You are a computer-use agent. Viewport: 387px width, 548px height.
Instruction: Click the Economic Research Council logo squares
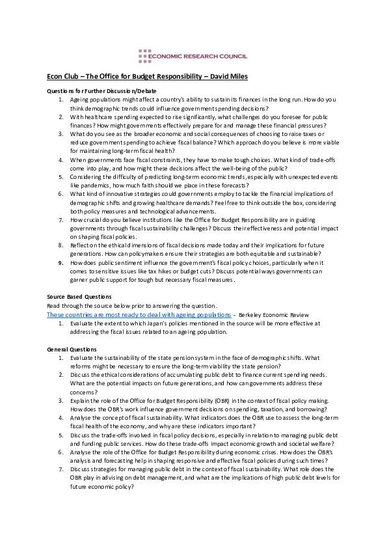(145, 57)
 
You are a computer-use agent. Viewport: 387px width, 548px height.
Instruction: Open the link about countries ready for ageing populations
(139, 314)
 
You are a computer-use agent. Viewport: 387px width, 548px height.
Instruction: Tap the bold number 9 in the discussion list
(60, 262)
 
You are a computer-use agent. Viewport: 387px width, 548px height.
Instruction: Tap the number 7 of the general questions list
(60, 469)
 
